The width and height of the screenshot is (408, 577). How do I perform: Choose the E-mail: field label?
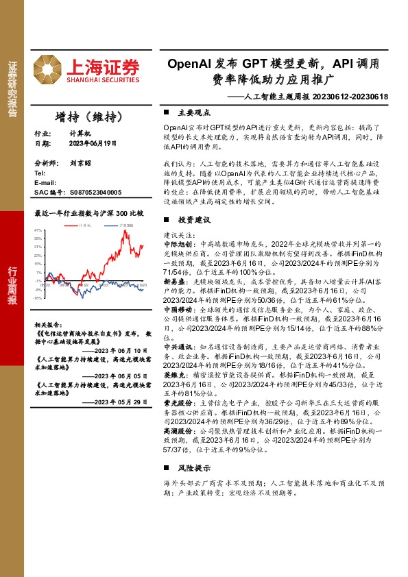[x=45, y=184]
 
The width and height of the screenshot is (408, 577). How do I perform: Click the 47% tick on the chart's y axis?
[x=38, y=230]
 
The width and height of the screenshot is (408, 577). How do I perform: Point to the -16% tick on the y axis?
[x=38, y=297]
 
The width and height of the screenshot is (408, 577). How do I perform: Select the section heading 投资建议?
[x=193, y=220]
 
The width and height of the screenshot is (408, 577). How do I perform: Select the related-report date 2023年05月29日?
[x=120, y=402]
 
